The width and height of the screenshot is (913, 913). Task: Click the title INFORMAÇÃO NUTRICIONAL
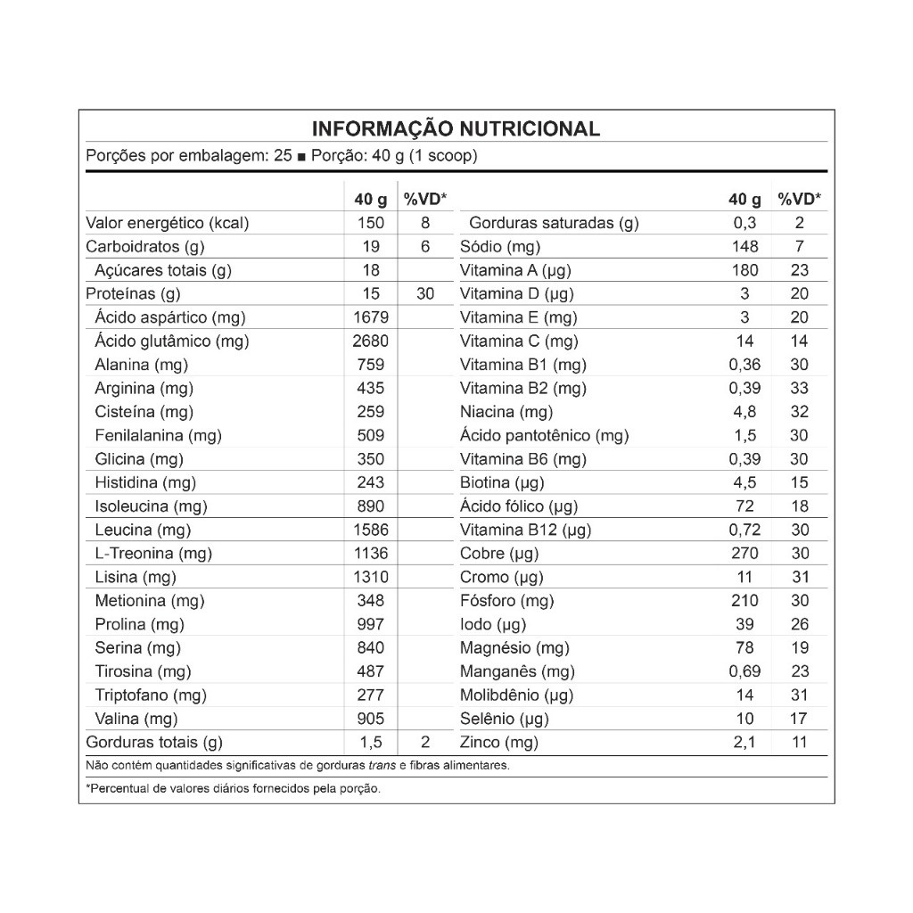456,128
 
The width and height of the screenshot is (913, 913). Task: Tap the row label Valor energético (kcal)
167,223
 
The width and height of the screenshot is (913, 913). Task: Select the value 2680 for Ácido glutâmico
371,341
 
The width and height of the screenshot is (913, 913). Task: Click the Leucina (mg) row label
143,530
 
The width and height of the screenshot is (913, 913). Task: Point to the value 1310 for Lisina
371,577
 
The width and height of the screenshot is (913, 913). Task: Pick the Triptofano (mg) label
151,695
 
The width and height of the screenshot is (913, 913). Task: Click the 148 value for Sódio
744,246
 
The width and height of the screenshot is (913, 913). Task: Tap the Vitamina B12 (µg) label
525,530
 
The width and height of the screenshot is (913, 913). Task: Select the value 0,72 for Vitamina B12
744,530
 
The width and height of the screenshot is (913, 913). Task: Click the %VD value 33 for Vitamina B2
799,388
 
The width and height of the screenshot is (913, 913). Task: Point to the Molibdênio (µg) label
516,695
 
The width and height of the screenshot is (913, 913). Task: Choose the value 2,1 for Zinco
744,742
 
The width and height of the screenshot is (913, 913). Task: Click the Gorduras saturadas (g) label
554,223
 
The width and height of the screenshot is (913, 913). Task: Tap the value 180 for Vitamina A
744,270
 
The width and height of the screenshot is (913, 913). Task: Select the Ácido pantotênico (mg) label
544,435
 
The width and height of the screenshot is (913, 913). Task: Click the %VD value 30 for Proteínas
425,293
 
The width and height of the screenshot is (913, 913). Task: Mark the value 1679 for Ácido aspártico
371,317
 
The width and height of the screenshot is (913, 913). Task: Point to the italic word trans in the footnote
382,765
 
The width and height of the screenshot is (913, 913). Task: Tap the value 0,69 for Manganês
744,671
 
